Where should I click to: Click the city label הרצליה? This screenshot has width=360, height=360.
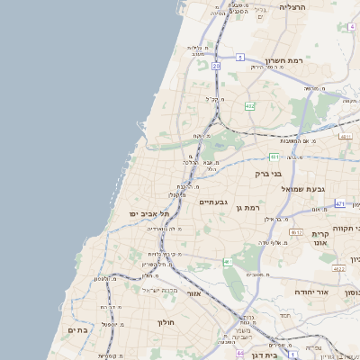pos(293,7)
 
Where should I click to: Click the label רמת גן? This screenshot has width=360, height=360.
pos(246,208)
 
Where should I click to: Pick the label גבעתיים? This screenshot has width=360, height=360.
pos(213,202)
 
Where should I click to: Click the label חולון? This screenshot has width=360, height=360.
pos(166,322)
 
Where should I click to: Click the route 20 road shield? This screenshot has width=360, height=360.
pos(216,66)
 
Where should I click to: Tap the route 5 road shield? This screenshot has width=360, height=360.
pos(240,57)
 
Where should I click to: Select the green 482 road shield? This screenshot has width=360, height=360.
pos(249,106)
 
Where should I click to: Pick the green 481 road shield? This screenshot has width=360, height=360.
pos(273,156)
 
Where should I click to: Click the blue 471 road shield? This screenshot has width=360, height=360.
pos(339,204)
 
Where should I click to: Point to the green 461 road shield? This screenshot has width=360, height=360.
pos(228,262)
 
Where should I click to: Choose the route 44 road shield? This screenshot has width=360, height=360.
pos(240,353)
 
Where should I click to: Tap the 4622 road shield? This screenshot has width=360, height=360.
pos(338,268)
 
